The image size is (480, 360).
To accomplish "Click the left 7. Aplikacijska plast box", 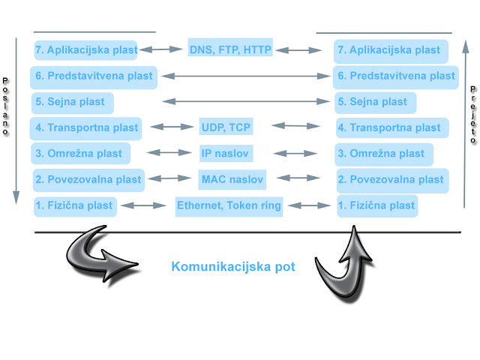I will click(x=85, y=50).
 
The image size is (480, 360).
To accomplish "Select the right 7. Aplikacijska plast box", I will click(x=388, y=50).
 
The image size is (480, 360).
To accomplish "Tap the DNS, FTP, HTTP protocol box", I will click(x=229, y=50).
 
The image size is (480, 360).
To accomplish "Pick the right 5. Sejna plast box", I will click(x=374, y=102).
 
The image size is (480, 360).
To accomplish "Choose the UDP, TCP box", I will click(x=226, y=127).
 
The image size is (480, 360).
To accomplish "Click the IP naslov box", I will click(x=225, y=154).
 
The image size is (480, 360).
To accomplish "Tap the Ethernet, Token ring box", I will click(x=229, y=205).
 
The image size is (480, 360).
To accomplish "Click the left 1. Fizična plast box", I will click(x=74, y=205).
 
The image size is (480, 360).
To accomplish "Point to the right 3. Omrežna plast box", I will click(x=381, y=154).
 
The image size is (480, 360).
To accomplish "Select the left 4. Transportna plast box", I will click(x=86, y=127).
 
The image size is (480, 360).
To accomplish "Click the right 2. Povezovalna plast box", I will click(x=391, y=179).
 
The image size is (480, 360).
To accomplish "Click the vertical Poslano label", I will click(x=6, y=106).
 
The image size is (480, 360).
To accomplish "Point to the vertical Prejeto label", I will click(x=473, y=113).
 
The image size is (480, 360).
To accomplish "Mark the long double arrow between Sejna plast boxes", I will click(x=247, y=101).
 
